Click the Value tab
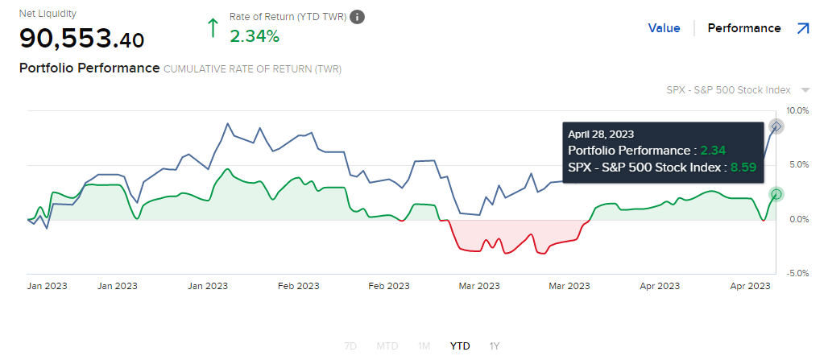tap(664, 28)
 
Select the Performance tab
tap(744, 28)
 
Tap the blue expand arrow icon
tap(803, 28)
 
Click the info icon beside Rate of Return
tap(358, 17)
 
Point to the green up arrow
tap(213, 28)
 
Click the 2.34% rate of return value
tap(255, 36)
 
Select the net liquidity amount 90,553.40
tap(82, 38)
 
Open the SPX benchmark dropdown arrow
tap(805, 90)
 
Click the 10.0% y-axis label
tap(797, 110)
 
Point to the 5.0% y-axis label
tap(797, 164)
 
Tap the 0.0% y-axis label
tap(797, 219)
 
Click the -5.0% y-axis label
tap(797, 274)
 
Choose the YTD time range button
tap(460, 346)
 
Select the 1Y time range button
tap(495, 346)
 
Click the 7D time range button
tap(350, 346)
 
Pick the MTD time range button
tap(387, 346)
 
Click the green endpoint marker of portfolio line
tap(776, 194)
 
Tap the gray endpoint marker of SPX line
tap(776, 126)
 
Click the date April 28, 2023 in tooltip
tap(601, 134)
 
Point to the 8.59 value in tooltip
tap(743, 168)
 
